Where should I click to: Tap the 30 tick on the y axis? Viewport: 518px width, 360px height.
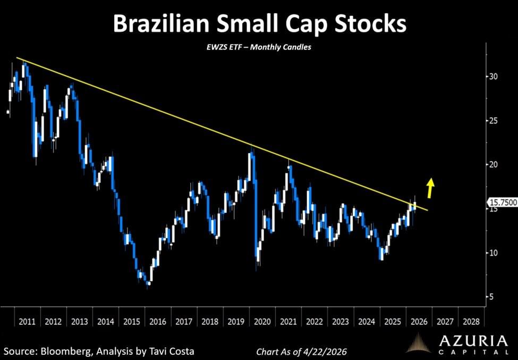point(494,77)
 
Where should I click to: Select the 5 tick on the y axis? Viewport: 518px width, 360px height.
point(492,297)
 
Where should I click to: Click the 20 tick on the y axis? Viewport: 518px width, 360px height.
point(494,165)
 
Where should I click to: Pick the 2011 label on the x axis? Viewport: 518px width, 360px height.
point(27,322)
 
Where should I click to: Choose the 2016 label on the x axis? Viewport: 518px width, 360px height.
point(158,322)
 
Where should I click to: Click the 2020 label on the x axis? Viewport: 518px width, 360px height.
point(262,322)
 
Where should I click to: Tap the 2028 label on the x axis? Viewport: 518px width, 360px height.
point(471,322)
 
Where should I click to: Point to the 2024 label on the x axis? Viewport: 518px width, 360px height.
point(367,322)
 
